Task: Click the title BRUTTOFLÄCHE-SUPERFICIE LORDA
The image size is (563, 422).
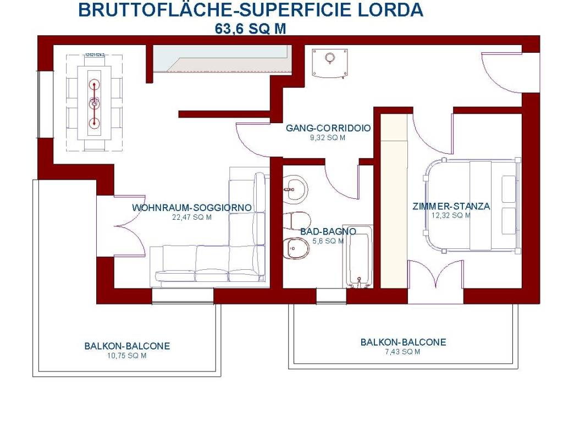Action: coord(251,10)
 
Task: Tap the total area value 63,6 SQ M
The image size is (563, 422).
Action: coord(251,29)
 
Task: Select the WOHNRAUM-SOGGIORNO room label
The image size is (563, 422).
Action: coord(192,208)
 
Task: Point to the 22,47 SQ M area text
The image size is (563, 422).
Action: coord(192,217)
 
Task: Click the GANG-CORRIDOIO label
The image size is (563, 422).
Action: coord(328,129)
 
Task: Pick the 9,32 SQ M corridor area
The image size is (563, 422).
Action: coord(328,138)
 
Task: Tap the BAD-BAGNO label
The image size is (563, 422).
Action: coord(328,231)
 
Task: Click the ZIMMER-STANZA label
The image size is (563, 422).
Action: coord(451,207)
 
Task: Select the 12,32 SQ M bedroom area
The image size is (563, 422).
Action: coord(451,215)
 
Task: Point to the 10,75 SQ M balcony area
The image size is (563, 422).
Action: coord(127,356)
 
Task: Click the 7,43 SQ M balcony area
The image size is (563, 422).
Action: coord(403,352)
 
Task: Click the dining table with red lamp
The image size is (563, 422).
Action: coord(94,102)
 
